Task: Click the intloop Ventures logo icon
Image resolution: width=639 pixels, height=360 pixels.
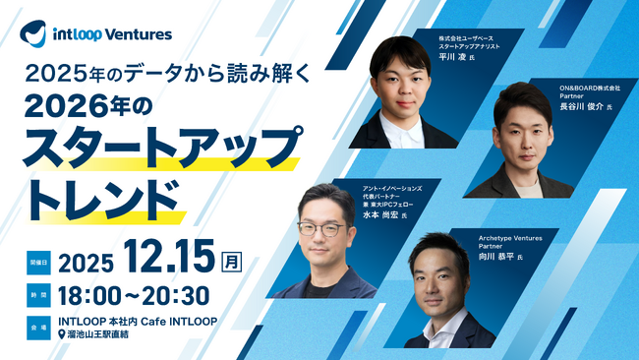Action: [x=33, y=32]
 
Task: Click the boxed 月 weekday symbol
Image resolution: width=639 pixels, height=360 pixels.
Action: [x=232, y=262]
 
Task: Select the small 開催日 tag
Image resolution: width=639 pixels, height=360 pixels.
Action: [x=39, y=263]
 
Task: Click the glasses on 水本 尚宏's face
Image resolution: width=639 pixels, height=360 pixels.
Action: [x=320, y=228]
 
